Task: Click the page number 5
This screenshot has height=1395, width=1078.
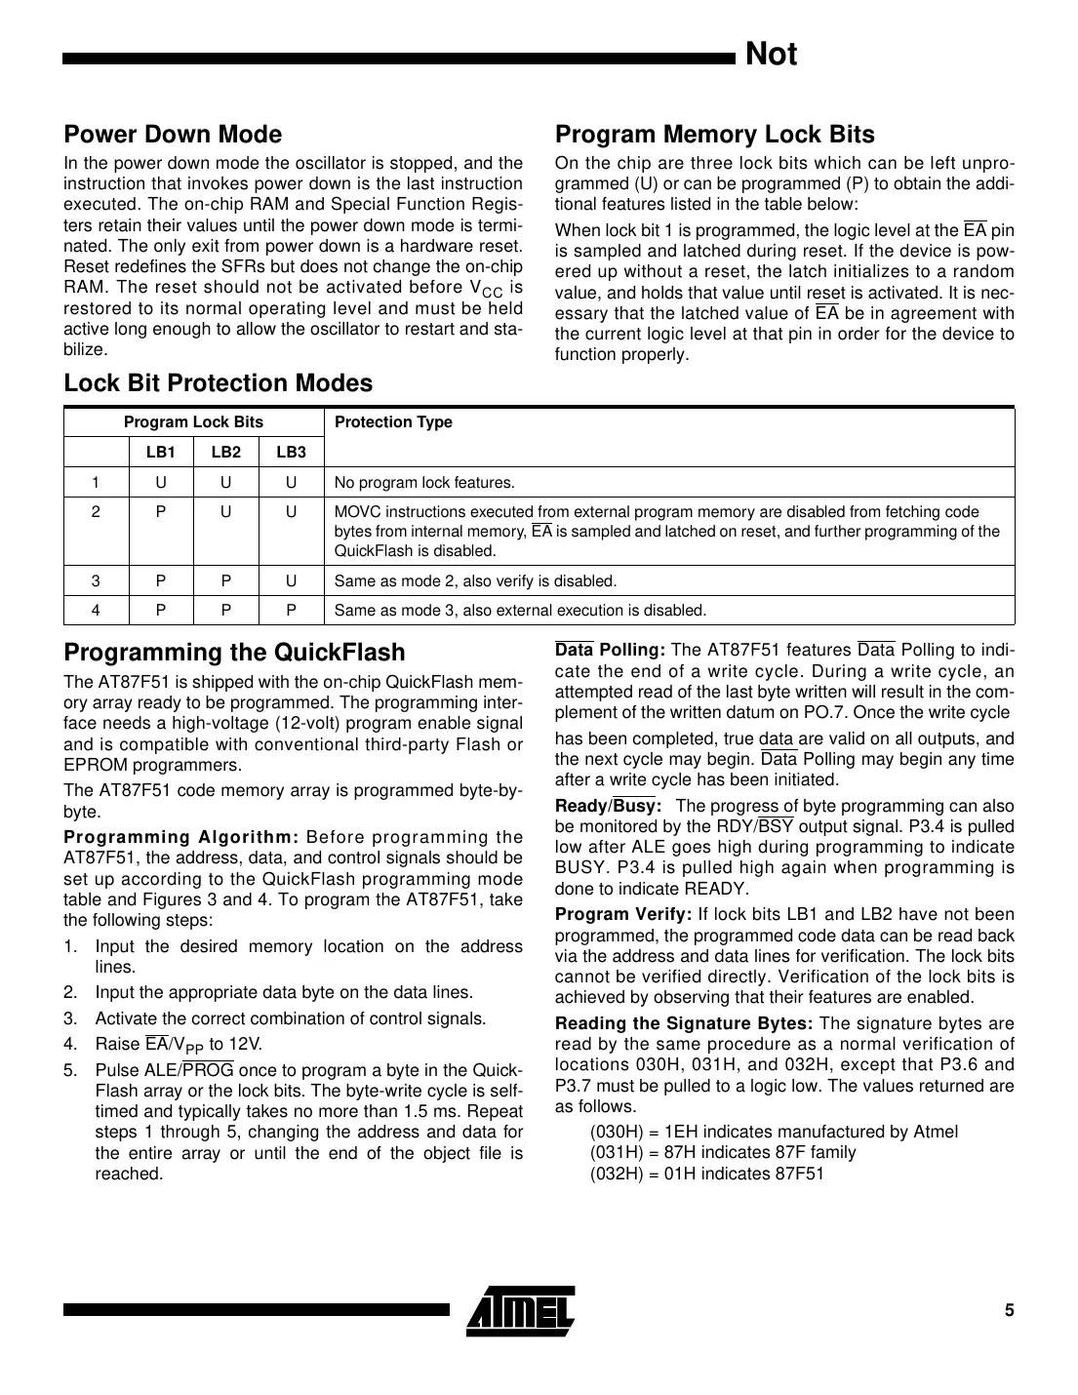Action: (x=1009, y=1310)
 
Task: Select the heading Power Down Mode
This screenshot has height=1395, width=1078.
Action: (x=173, y=135)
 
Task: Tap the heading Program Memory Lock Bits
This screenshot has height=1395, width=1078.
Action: (x=714, y=135)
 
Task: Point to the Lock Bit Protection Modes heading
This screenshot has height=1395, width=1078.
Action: (x=218, y=383)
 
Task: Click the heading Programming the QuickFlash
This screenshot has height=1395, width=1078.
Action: (x=234, y=652)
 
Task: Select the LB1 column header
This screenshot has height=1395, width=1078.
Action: (x=161, y=452)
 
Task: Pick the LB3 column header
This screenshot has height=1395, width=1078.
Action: (x=291, y=452)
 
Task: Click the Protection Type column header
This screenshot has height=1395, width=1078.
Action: (x=393, y=421)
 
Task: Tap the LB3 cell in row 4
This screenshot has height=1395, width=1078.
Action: (x=291, y=611)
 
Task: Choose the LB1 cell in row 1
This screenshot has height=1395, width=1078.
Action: (x=161, y=482)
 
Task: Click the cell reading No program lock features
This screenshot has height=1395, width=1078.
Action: (x=424, y=482)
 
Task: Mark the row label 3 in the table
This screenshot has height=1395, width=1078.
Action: (x=96, y=581)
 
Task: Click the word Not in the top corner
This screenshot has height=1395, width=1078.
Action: (x=771, y=55)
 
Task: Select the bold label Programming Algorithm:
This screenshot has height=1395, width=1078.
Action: (x=180, y=837)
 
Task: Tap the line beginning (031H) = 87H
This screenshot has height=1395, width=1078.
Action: (x=723, y=1152)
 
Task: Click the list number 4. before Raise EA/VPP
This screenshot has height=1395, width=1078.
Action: (x=70, y=1044)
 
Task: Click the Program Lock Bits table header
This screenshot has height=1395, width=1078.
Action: (x=193, y=421)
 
